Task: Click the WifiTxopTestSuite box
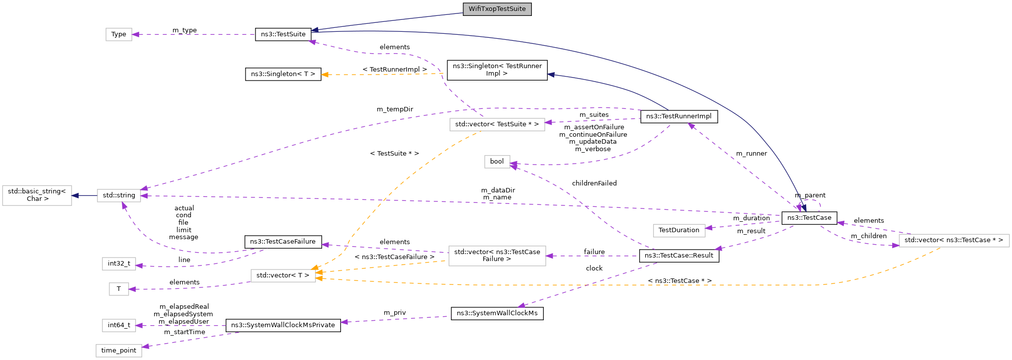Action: click(x=497, y=9)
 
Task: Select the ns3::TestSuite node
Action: click(x=283, y=34)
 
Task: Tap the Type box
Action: click(x=119, y=34)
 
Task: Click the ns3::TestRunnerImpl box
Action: click(x=678, y=116)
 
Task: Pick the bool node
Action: click(x=497, y=162)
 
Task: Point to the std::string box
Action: click(x=119, y=195)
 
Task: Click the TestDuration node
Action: click(x=678, y=230)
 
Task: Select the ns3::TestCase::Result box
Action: click(x=678, y=256)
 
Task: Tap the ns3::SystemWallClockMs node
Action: click(x=497, y=313)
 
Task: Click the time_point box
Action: click(x=119, y=351)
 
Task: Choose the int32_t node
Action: click(x=119, y=264)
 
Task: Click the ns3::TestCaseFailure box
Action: click(x=283, y=242)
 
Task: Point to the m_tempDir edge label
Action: click(x=395, y=109)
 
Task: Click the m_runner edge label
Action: click(x=751, y=154)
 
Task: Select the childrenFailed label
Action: click(x=594, y=183)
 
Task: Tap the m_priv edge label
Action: click(x=395, y=313)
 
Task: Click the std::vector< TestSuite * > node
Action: click(x=497, y=124)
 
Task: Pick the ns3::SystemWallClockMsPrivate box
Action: click(x=283, y=325)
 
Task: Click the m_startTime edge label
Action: click(x=184, y=332)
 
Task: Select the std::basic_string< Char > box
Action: click(x=37, y=195)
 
